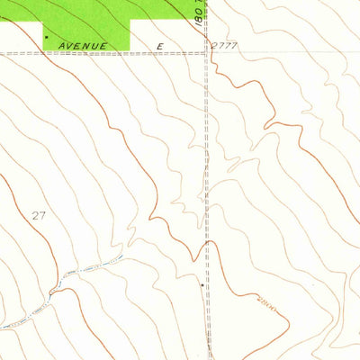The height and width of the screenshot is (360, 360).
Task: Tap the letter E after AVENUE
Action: [x=161, y=45]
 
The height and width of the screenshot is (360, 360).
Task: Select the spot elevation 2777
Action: [x=226, y=44]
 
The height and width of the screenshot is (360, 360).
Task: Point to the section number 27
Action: [x=37, y=215]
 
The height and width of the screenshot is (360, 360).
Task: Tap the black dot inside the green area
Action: [x=46, y=37]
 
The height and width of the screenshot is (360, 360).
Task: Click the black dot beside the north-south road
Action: [x=201, y=284]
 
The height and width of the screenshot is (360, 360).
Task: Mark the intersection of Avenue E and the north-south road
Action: [x=207, y=51]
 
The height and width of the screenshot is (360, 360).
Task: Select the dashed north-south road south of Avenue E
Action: [x=208, y=180]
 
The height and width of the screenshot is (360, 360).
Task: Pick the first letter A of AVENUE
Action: [x=60, y=45]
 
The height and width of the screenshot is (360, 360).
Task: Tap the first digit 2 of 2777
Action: [x=216, y=44]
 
